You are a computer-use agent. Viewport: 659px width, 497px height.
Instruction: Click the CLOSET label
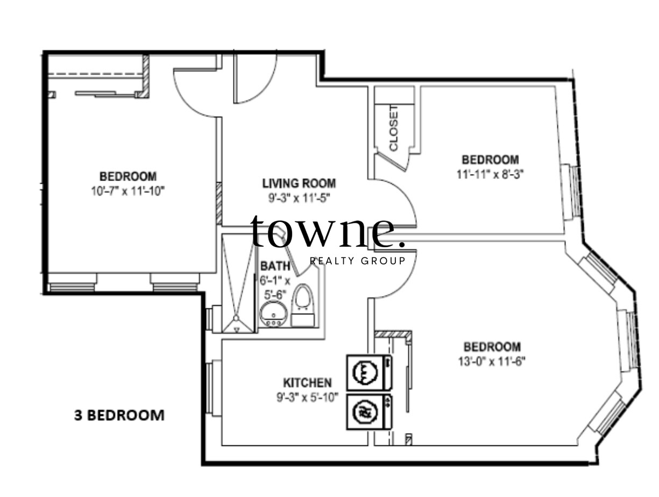tap(394, 128)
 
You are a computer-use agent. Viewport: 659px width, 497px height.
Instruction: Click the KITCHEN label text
tap(307, 383)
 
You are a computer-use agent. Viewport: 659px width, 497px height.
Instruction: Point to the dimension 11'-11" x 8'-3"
tap(490, 174)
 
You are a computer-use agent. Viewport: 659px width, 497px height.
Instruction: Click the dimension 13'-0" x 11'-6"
tap(492, 361)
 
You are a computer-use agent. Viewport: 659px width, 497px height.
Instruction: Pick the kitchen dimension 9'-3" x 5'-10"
tap(307, 398)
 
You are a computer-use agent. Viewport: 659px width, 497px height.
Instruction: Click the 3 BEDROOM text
tap(119, 415)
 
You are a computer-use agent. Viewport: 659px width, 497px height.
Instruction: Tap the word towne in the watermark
tap(327, 232)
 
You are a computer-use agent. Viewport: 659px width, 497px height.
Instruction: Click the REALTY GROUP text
tap(357, 261)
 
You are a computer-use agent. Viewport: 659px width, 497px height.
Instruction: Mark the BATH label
tap(275, 266)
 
